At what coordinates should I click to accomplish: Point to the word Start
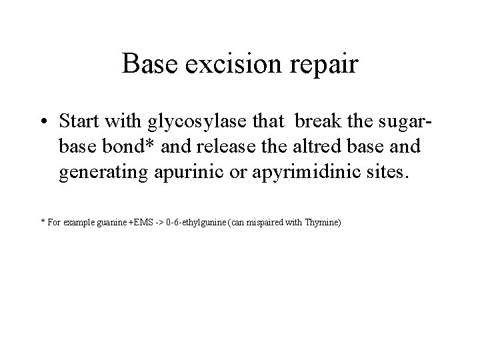[x=79, y=122]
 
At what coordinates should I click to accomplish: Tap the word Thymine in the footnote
[x=322, y=222]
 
